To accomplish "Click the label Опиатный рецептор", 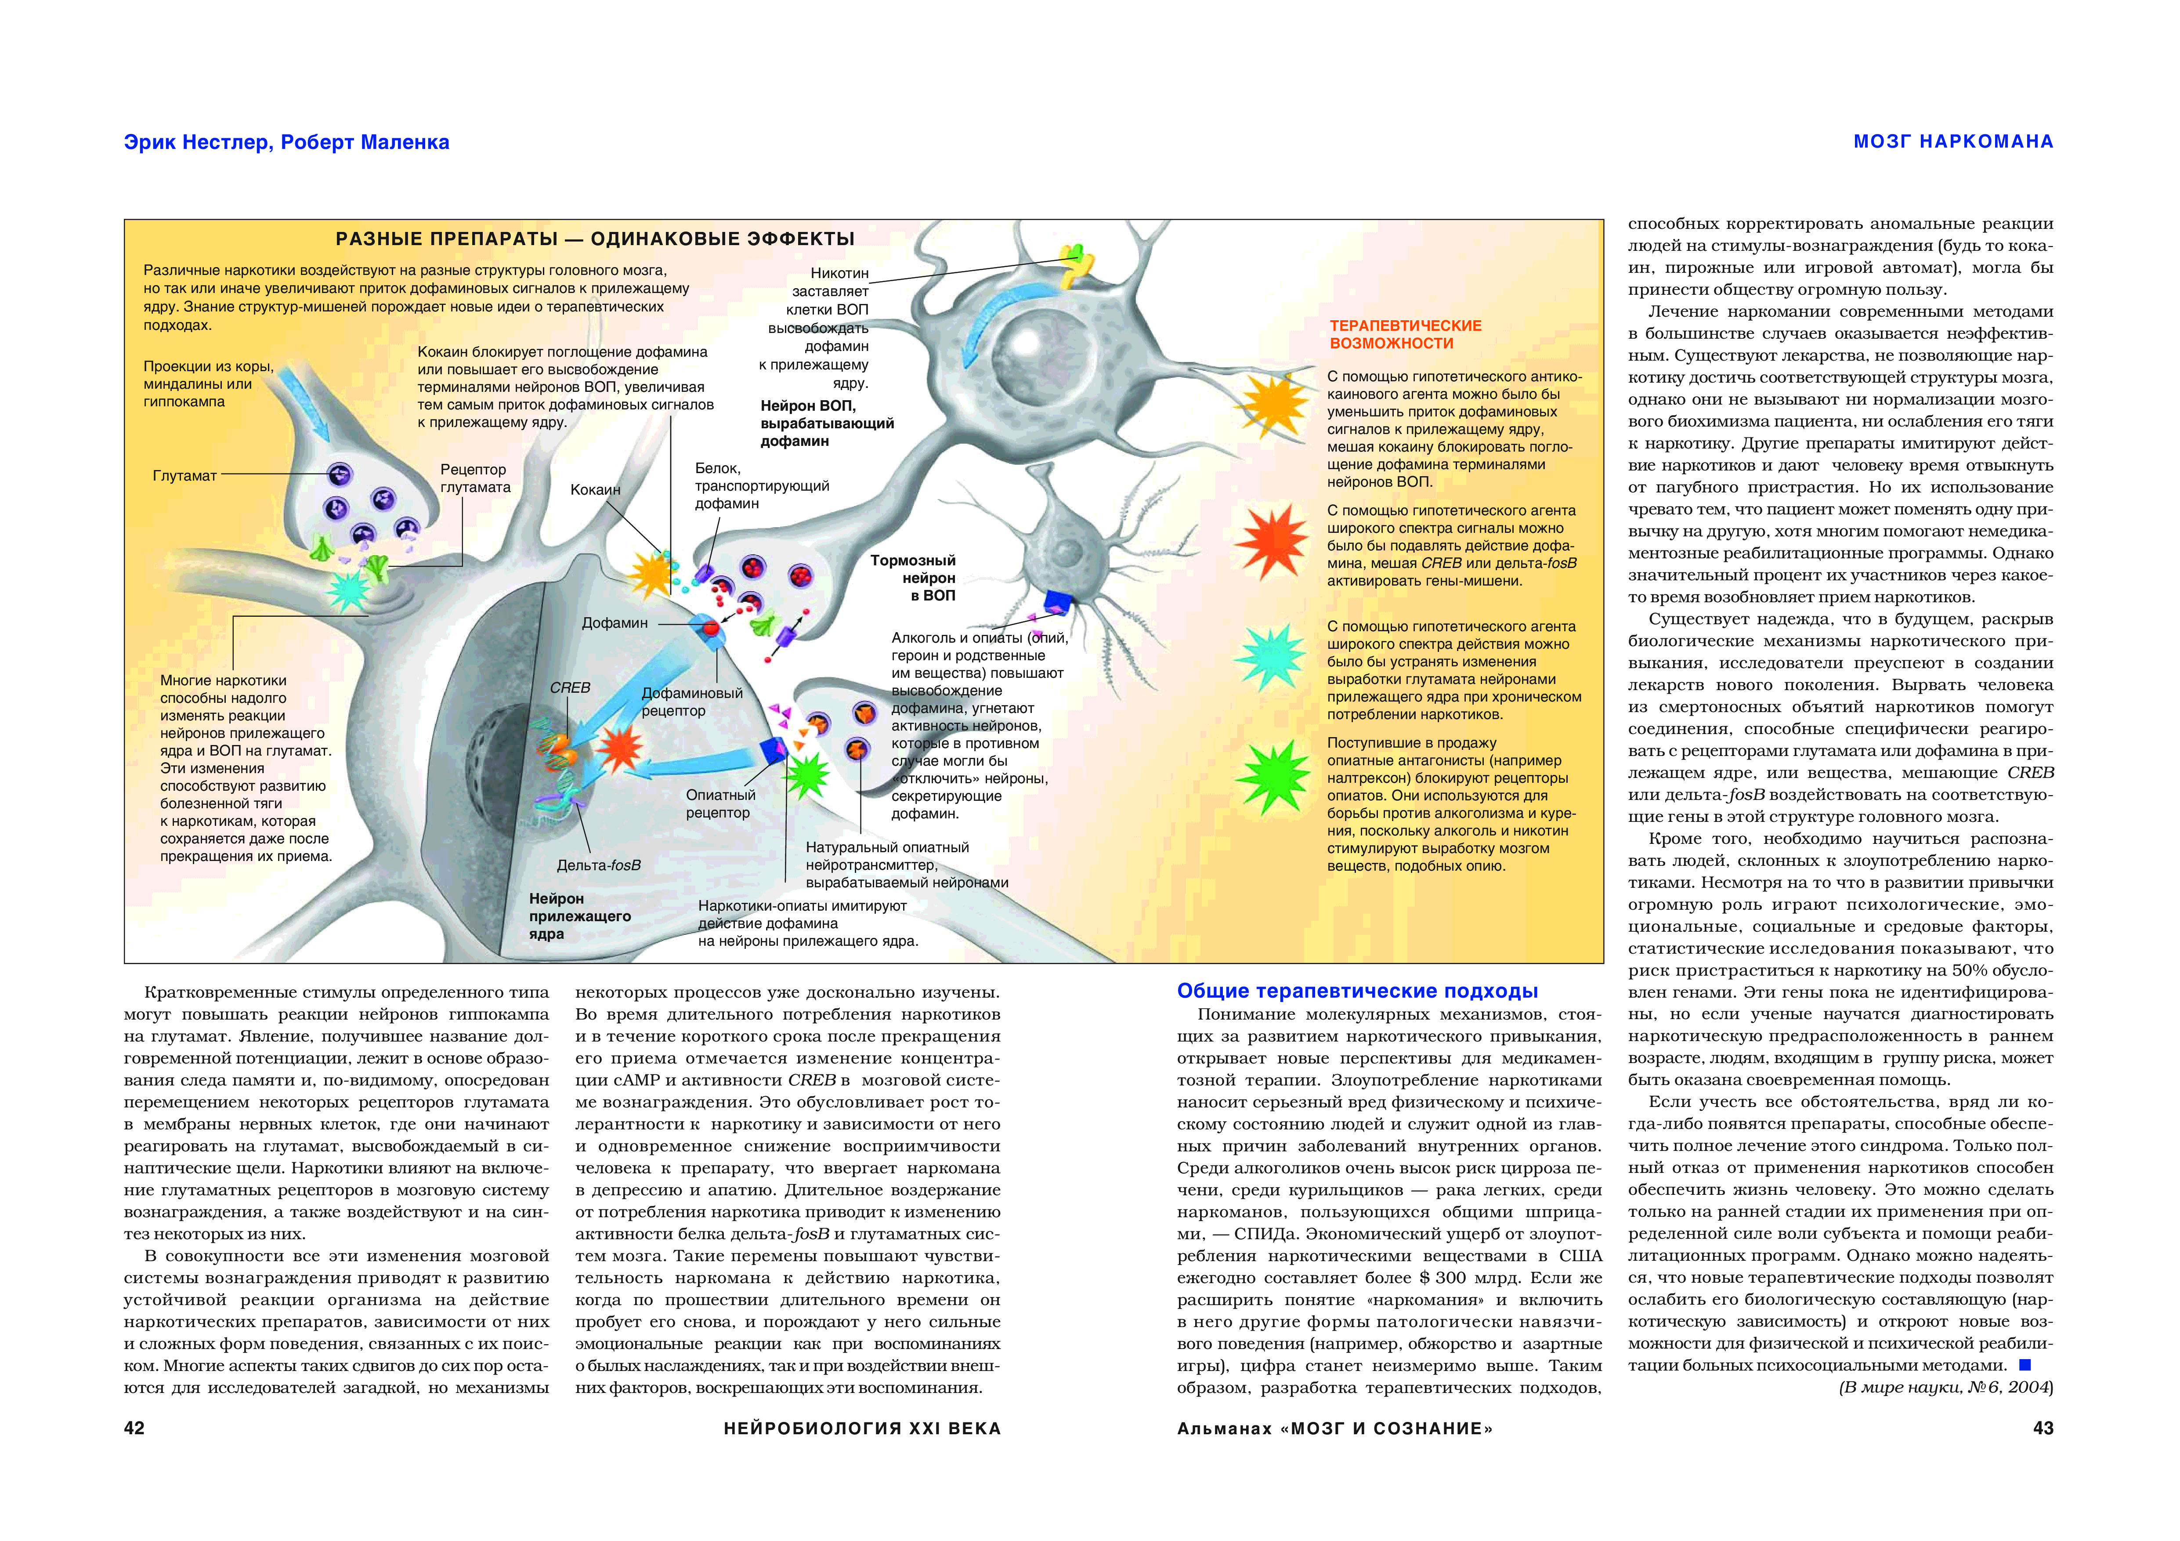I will coord(721,803).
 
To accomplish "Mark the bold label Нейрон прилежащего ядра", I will coord(579,916).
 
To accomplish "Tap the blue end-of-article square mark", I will coord(2025,1364).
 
